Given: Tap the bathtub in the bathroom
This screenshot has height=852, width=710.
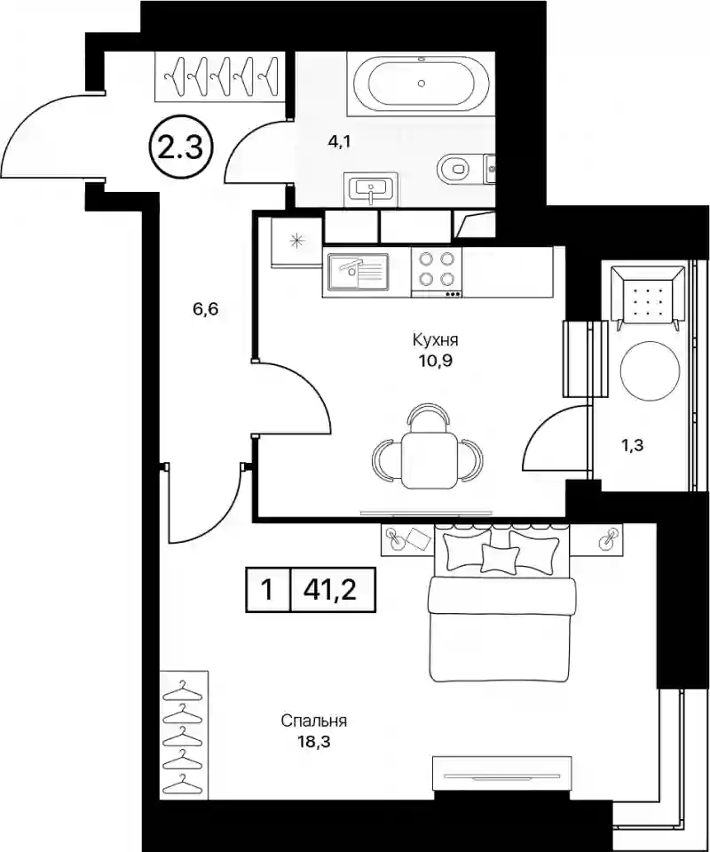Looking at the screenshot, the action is click(x=422, y=84).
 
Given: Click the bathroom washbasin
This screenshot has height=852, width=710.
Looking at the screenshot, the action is click(x=371, y=188).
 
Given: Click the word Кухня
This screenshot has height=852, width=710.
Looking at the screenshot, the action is click(x=436, y=340).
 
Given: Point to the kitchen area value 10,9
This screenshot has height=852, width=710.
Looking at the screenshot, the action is click(x=436, y=361).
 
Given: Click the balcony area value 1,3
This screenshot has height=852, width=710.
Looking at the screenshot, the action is click(x=633, y=446).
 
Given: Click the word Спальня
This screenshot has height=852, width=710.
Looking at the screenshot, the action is click(x=314, y=721).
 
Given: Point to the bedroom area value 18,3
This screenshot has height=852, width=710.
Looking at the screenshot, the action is click(x=314, y=742).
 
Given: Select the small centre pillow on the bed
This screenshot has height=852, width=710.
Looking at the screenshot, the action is click(x=500, y=558).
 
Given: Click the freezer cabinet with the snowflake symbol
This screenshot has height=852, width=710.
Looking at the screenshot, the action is click(x=296, y=241).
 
